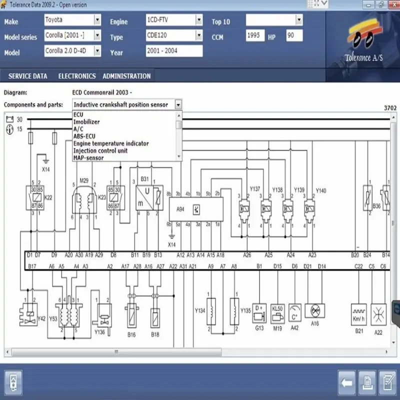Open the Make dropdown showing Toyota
point(72,20)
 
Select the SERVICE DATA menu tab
point(28,76)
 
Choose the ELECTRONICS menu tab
point(77,76)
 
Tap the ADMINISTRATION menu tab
point(126,76)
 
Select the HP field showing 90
point(294,36)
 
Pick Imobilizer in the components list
point(86,122)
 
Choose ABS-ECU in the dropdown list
point(84,136)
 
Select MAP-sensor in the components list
point(88,158)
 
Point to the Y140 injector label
point(321,190)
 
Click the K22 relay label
point(48,197)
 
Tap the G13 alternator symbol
point(259,309)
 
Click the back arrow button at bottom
point(347,383)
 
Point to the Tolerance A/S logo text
point(363,57)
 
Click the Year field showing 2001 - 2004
point(174,51)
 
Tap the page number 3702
point(390,107)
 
